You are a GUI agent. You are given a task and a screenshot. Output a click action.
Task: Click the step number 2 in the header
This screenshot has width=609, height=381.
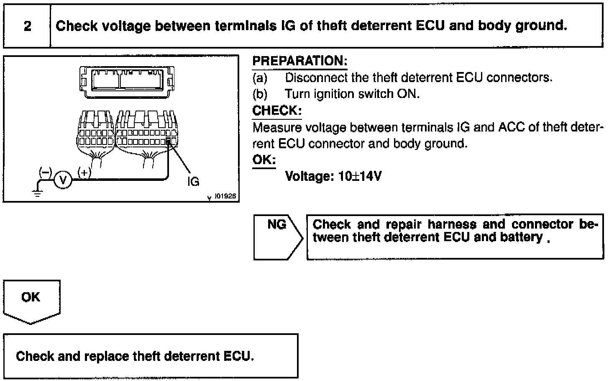tap(28, 26)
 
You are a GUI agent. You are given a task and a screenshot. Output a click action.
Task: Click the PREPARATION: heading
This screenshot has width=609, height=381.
tap(299, 61)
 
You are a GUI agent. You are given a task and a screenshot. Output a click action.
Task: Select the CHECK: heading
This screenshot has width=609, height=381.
tap(276, 111)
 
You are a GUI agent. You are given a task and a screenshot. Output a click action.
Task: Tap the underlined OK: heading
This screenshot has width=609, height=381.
tap(264, 160)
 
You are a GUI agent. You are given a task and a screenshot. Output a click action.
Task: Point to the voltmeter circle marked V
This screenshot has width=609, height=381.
tap(63, 180)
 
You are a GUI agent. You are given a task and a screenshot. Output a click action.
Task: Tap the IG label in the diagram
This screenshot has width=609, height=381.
tap(193, 181)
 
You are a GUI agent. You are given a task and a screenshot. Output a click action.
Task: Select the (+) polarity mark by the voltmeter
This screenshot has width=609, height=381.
tap(84, 172)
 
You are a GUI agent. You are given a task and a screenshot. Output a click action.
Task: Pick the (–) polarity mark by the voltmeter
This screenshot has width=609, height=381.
tap(45, 172)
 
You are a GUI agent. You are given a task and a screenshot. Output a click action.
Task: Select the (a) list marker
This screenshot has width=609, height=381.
tap(260, 78)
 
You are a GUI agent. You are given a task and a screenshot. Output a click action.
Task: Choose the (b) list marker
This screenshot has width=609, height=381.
tap(260, 94)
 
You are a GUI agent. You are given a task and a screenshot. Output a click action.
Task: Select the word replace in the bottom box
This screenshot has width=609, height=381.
tap(107, 356)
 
